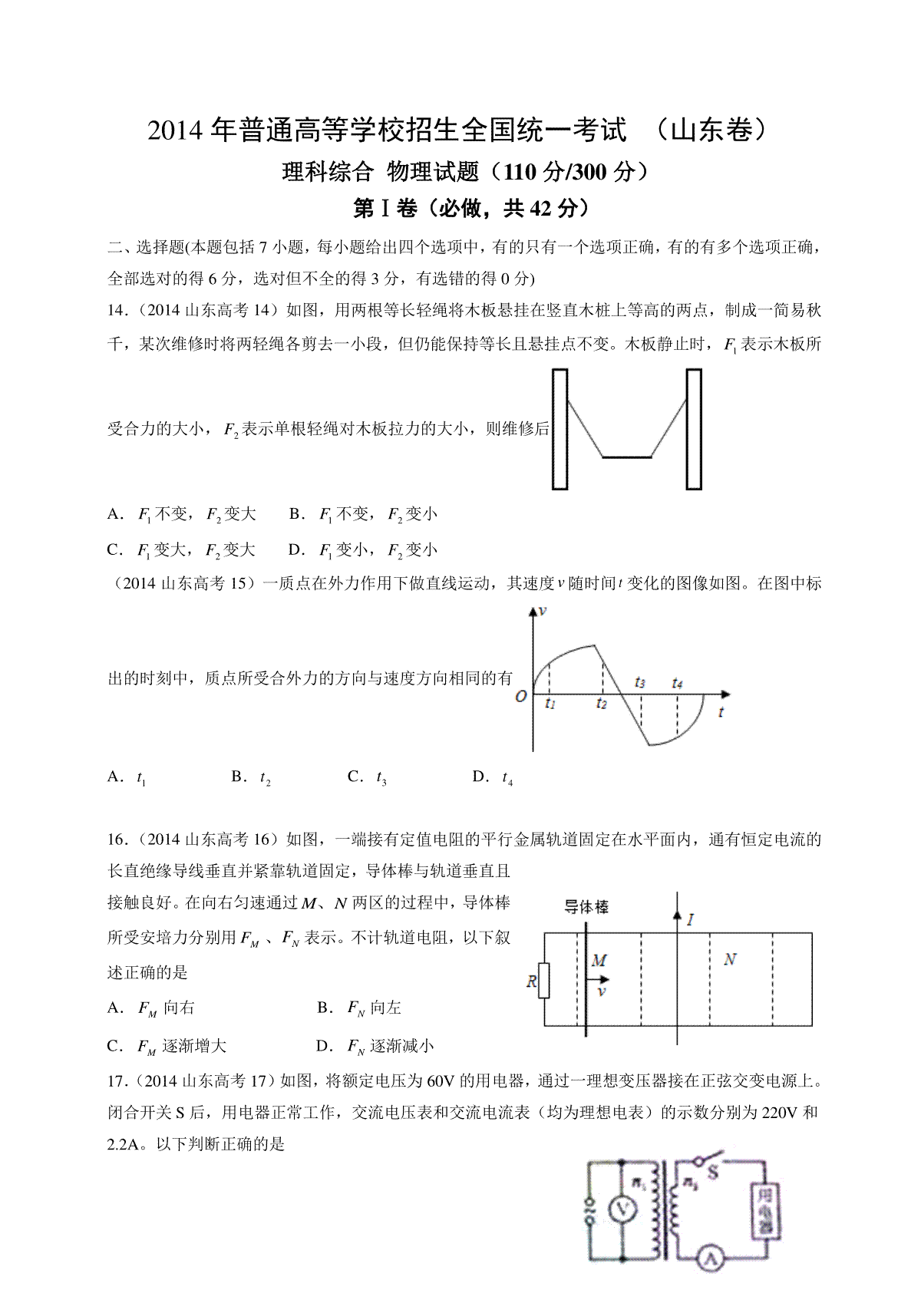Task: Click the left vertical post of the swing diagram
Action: tap(560, 429)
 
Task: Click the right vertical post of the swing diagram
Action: tap(694, 429)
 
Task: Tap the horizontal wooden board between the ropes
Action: tap(626, 457)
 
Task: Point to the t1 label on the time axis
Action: tap(550, 704)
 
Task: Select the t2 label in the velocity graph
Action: tap(602, 704)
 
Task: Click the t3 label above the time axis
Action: tap(639, 681)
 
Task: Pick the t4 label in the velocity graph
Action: tap(676, 682)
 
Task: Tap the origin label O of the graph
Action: tap(521, 697)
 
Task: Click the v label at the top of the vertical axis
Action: tap(543, 612)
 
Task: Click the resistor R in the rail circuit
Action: tap(544, 980)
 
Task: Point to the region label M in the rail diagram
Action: tap(599, 960)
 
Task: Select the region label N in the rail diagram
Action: tap(730, 959)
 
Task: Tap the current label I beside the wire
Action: tap(691, 919)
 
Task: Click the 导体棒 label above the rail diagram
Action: tap(586, 907)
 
